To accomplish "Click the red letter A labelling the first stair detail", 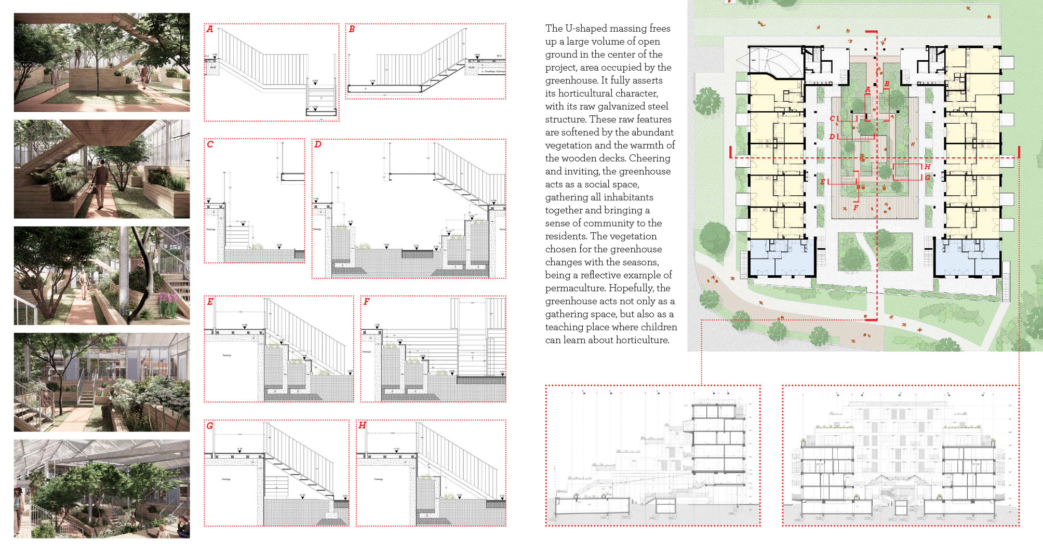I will pyautogui.click(x=210, y=29).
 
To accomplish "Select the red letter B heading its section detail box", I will pyautogui.click(x=352, y=29).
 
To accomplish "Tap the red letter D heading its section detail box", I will pyautogui.click(x=318, y=144).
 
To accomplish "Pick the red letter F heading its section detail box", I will pyautogui.click(x=366, y=302).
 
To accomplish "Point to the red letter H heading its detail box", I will pyautogui.click(x=362, y=425).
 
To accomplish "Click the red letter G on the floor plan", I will pyautogui.click(x=927, y=178).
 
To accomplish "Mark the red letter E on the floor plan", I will pyautogui.click(x=823, y=182).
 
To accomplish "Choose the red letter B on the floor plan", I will pyautogui.click(x=887, y=84).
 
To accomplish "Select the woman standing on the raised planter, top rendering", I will pyautogui.click(x=78, y=56).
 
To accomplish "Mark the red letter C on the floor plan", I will pyautogui.click(x=832, y=119).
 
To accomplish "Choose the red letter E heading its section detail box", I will pyautogui.click(x=210, y=302).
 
